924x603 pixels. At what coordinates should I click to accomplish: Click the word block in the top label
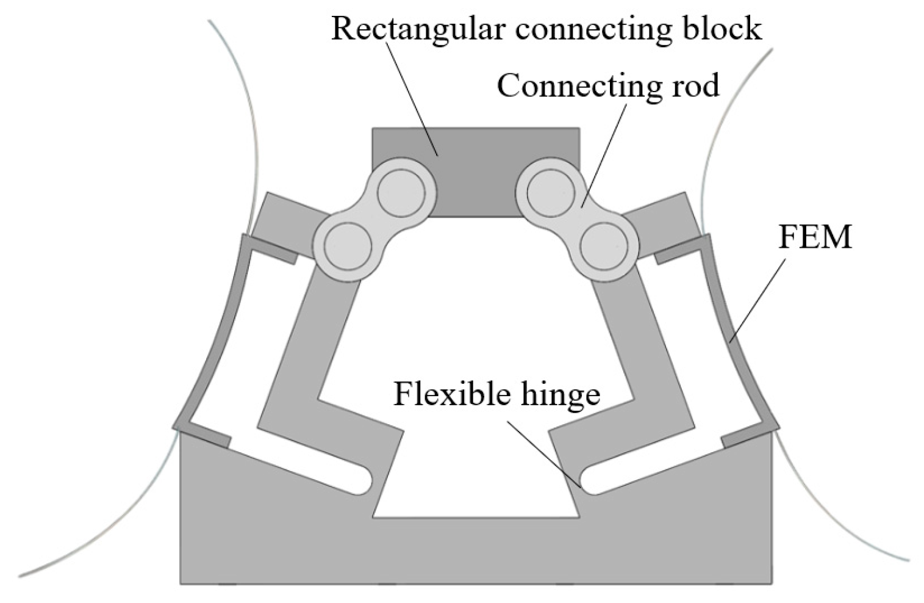click(726, 29)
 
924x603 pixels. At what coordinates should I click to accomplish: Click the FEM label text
click(814, 237)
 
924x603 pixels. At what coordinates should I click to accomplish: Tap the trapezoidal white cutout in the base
click(476, 482)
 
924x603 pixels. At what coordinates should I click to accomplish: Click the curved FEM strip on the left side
click(213, 342)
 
